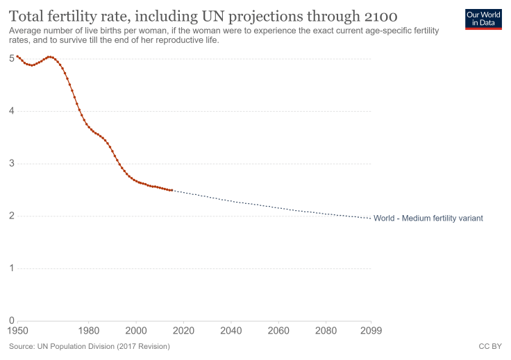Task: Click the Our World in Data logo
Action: point(483,19)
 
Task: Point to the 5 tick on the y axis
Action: point(12,58)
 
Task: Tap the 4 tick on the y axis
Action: point(12,111)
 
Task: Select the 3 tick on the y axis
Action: point(12,164)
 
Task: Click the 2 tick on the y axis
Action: point(12,216)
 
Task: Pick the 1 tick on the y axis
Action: point(12,268)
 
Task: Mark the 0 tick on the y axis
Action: point(12,320)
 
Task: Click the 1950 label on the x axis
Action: point(19,330)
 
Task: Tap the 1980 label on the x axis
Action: point(88,330)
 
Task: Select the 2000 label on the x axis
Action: point(136,330)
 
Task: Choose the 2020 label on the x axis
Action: point(183,330)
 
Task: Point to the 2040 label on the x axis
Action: point(231,330)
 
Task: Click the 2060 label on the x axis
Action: point(278,330)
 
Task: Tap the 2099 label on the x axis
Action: point(371,330)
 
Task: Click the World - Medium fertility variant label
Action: point(428,218)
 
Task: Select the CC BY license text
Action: point(489,345)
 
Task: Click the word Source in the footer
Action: point(23,345)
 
